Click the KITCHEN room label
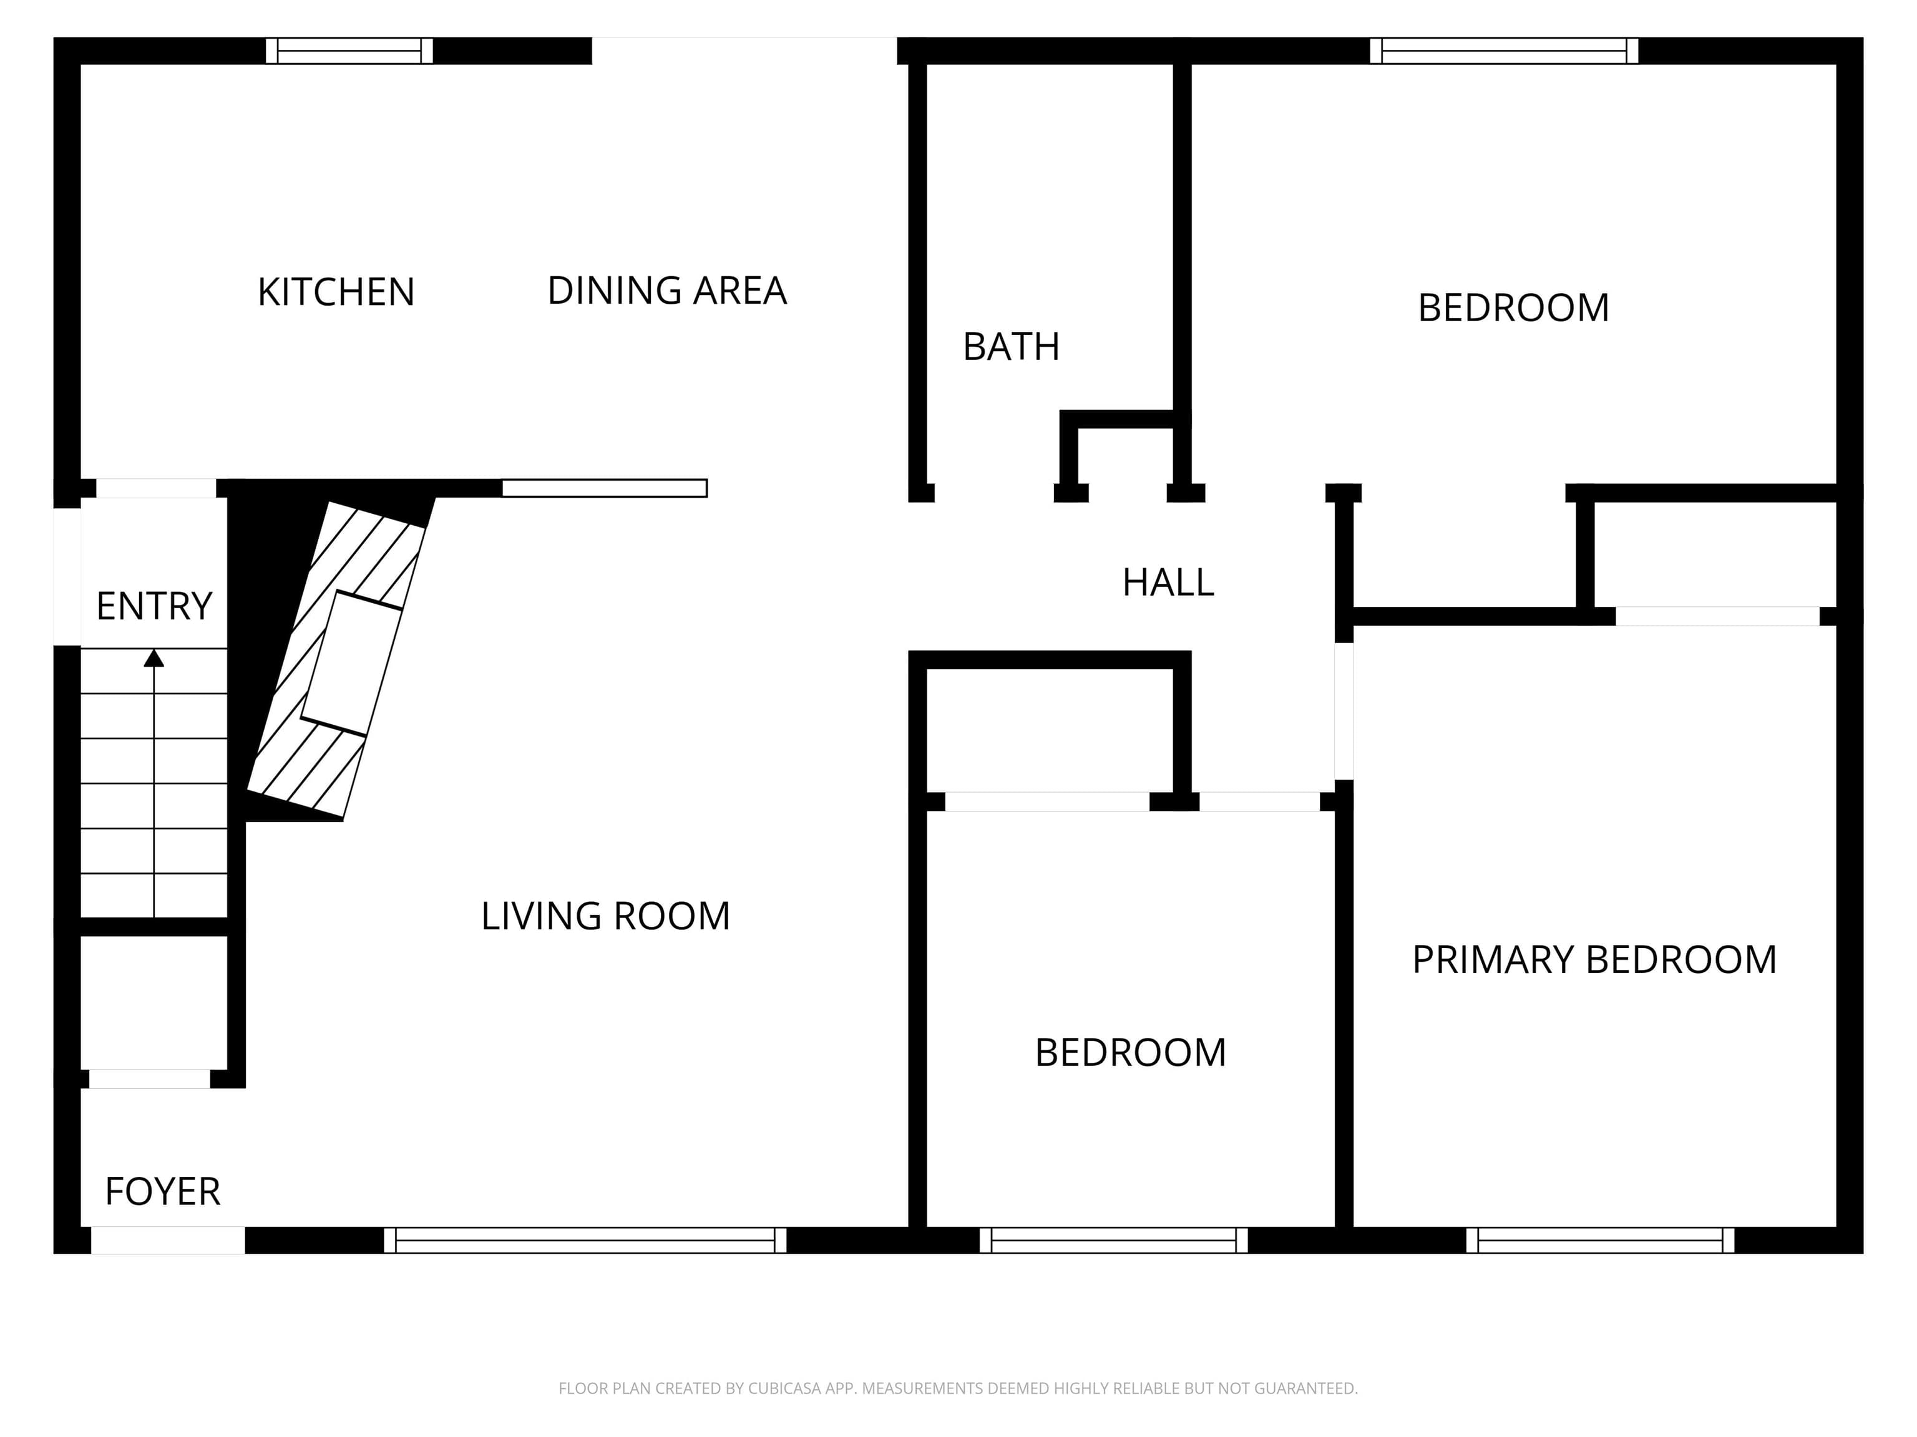336,292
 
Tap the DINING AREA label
666,290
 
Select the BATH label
1010,347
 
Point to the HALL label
1168,582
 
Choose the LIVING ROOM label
605,916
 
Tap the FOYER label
162,1192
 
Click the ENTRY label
154,606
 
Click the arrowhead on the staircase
154,658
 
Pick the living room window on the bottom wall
585,1241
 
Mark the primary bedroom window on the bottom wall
1600,1241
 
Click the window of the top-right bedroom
1504,51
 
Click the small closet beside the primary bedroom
1714,554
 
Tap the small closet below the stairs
154,1002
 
